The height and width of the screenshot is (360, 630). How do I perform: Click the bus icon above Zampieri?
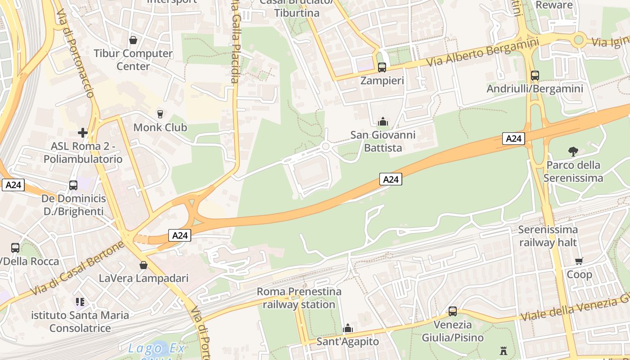pos(382,67)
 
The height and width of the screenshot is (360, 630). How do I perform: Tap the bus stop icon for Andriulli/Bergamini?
pos(535,76)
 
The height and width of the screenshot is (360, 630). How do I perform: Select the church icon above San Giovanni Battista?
pos(383,121)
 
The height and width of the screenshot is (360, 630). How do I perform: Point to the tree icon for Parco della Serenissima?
pos(573,151)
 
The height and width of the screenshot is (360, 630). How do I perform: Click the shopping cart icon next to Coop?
pos(579,261)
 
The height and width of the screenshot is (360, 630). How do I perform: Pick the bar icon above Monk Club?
pos(160,114)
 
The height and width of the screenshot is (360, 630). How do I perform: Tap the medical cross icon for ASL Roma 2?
pos(82,133)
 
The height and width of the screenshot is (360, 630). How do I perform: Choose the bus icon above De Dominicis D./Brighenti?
pos(73,185)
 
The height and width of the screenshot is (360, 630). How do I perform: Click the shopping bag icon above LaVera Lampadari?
pos(144,265)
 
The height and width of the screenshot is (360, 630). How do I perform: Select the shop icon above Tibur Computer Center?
pos(133,40)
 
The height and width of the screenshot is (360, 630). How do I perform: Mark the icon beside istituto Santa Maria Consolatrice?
pos(80,302)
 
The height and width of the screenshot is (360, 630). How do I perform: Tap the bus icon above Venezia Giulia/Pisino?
pos(452,311)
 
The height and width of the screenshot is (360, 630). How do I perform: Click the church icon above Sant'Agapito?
pos(347,328)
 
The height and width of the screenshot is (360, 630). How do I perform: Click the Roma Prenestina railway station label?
pos(299,298)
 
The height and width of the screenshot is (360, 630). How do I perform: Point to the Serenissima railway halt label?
pos(548,236)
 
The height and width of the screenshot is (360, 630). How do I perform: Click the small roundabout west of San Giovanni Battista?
pos(326,146)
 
